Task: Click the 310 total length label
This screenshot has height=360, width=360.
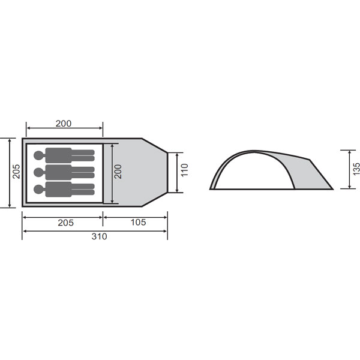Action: pos(99,236)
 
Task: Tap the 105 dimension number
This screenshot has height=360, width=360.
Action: pos(138,222)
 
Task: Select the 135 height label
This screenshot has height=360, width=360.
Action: pos(356,169)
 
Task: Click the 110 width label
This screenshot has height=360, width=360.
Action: pos(185,170)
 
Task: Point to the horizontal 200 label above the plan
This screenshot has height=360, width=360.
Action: pos(64,124)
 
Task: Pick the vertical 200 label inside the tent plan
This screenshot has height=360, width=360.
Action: pos(118,172)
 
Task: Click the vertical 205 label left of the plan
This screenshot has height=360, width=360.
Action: pos(16,172)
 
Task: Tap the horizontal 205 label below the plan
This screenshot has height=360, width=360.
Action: pos(65,223)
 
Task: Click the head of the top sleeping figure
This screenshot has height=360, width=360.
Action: pos(39,155)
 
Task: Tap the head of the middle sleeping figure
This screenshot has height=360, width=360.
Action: pos(39,172)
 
